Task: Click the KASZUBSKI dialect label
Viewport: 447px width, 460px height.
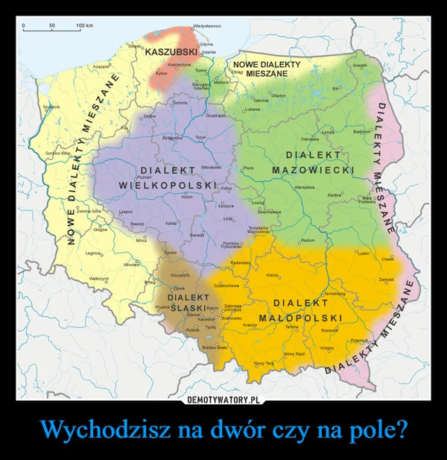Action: tap(171, 51)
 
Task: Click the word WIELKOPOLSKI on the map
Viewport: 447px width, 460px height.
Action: tap(168, 184)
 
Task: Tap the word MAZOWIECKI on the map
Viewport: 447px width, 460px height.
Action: tap(313, 171)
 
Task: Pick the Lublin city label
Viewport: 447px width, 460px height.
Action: tap(364, 254)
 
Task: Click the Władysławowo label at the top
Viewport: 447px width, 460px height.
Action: tap(205, 27)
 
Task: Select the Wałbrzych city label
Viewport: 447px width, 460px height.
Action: tap(99, 279)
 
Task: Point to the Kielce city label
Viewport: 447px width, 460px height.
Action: tap(272, 275)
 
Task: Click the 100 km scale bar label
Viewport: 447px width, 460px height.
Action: tap(84, 27)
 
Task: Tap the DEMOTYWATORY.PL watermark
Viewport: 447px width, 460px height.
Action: tap(223, 400)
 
